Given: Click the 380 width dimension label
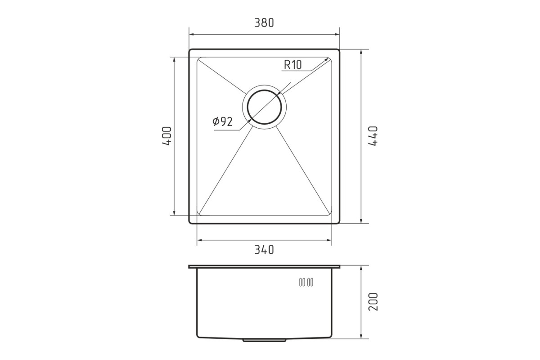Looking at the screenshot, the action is pos(264,23).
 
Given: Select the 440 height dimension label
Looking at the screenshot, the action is pos(373,136).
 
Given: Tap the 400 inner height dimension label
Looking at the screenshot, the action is pos(167,136).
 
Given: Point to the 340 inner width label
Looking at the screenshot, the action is pos(264,250).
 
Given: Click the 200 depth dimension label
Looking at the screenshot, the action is pos(373,301).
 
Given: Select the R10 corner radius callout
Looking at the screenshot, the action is pos(292,65).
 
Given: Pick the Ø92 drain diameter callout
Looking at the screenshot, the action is pos(222,121).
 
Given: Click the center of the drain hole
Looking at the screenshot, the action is pos(264,107).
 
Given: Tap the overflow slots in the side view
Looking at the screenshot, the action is pos(306,282).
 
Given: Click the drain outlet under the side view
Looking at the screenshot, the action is pos(264,340).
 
